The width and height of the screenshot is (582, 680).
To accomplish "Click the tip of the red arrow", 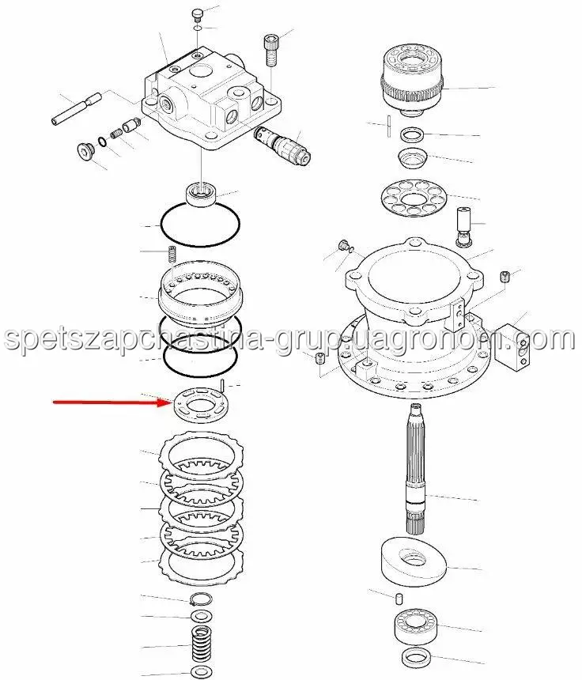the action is pyautogui.click(x=173, y=403).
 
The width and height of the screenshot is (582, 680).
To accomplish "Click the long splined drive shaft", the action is pyautogui.click(x=416, y=468).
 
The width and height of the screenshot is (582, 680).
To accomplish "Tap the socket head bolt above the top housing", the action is pyautogui.click(x=270, y=51).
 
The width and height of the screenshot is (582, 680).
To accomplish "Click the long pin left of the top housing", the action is pyautogui.click(x=77, y=109).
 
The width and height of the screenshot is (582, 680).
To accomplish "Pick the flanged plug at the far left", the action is pyautogui.click(x=86, y=151).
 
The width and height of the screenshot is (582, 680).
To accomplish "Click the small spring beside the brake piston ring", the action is pyautogui.click(x=172, y=254).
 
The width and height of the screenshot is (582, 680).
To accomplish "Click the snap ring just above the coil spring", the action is pyautogui.click(x=201, y=599).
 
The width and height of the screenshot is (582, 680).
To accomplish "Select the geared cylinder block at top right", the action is pyautogui.click(x=412, y=79).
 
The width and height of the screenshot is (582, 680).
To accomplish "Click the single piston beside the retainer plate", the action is pyautogui.click(x=463, y=226).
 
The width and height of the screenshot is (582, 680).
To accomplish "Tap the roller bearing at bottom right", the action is pyautogui.click(x=416, y=625).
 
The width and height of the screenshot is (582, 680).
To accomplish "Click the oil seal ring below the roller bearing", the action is pyautogui.click(x=416, y=657).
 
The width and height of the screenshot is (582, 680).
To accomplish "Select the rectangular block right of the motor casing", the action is pyautogui.click(x=514, y=347).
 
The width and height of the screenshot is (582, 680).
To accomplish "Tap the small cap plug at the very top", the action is pyautogui.click(x=198, y=14).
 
